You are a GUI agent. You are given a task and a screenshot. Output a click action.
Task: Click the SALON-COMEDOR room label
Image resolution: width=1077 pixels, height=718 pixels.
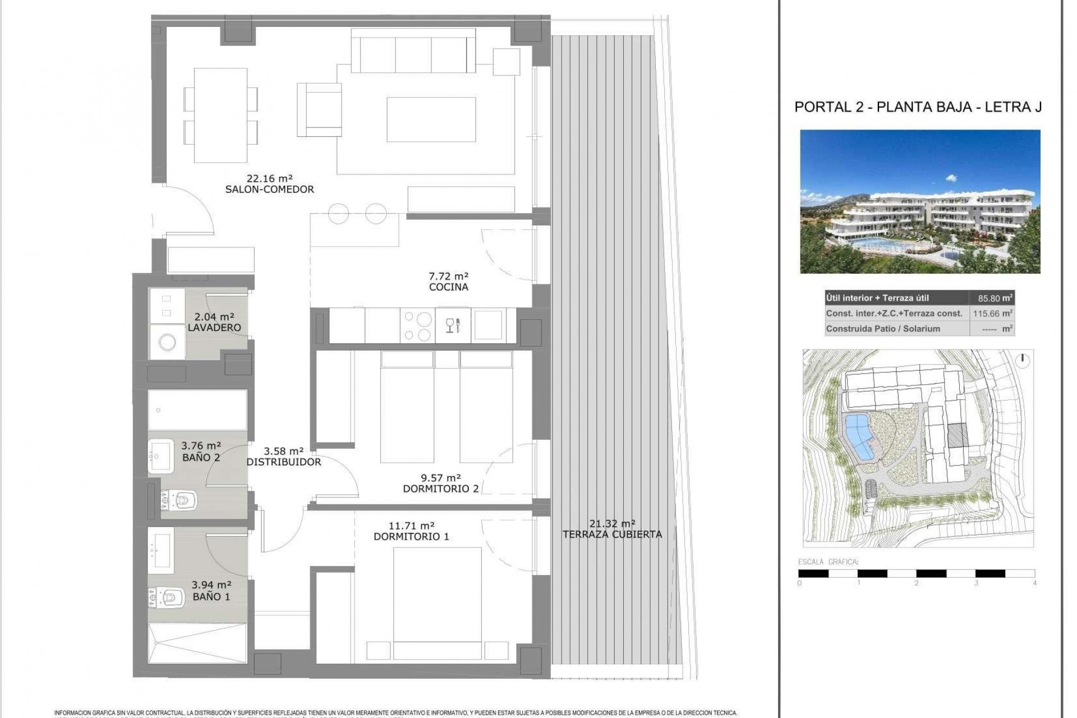(269, 190)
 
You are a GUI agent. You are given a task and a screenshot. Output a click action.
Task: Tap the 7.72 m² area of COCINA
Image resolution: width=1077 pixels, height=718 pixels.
(448, 276)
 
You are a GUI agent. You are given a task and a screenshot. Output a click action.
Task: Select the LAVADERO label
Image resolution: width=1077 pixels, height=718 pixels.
(214, 328)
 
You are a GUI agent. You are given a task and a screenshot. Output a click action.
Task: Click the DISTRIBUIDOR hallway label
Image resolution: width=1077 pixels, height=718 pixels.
(284, 462)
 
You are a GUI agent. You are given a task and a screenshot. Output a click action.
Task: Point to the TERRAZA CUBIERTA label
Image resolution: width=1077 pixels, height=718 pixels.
(612, 535)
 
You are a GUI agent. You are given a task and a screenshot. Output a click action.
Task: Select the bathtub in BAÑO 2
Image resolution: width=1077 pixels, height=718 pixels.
(197, 411)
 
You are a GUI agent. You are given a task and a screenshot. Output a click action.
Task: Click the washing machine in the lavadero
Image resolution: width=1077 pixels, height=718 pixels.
(167, 341)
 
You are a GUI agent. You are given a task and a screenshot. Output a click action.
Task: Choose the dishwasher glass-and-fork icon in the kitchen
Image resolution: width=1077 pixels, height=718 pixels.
(453, 325)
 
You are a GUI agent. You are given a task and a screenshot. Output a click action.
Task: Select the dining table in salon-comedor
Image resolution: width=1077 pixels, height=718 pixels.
(220, 114)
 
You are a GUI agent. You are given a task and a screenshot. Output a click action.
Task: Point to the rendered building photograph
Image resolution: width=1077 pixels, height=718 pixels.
(920, 201)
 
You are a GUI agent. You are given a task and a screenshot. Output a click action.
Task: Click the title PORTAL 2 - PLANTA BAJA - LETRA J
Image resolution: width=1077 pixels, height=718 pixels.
(918, 107)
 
